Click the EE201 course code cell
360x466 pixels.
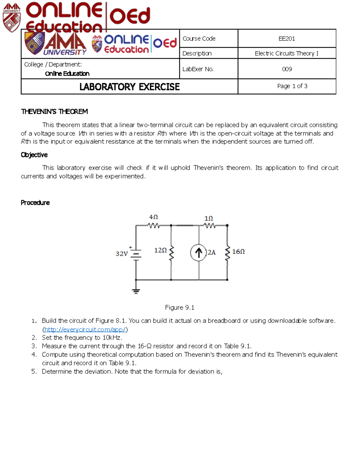coord(286,38)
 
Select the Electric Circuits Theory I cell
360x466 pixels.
coord(286,53)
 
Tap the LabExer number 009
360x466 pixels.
coord(287,69)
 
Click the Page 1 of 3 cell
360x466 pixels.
coord(292,86)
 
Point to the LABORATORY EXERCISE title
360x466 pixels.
coord(129,87)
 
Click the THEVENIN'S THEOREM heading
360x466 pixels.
coord(54,112)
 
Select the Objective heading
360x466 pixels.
coord(34,155)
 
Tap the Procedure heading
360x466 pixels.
coord(35,203)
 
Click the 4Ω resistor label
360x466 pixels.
coord(153,217)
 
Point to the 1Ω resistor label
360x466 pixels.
coord(208,218)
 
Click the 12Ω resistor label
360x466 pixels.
coord(160,250)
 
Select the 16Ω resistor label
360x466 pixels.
coord(238,251)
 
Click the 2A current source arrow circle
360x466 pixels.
coord(198,253)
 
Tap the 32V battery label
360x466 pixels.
coord(121,254)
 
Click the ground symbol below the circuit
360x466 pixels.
coord(136,291)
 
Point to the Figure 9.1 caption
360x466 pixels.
coord(179,308)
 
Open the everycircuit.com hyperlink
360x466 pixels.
coord(85,329)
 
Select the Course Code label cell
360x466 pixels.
coord(199,38)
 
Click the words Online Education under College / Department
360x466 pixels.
coord(67,74)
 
